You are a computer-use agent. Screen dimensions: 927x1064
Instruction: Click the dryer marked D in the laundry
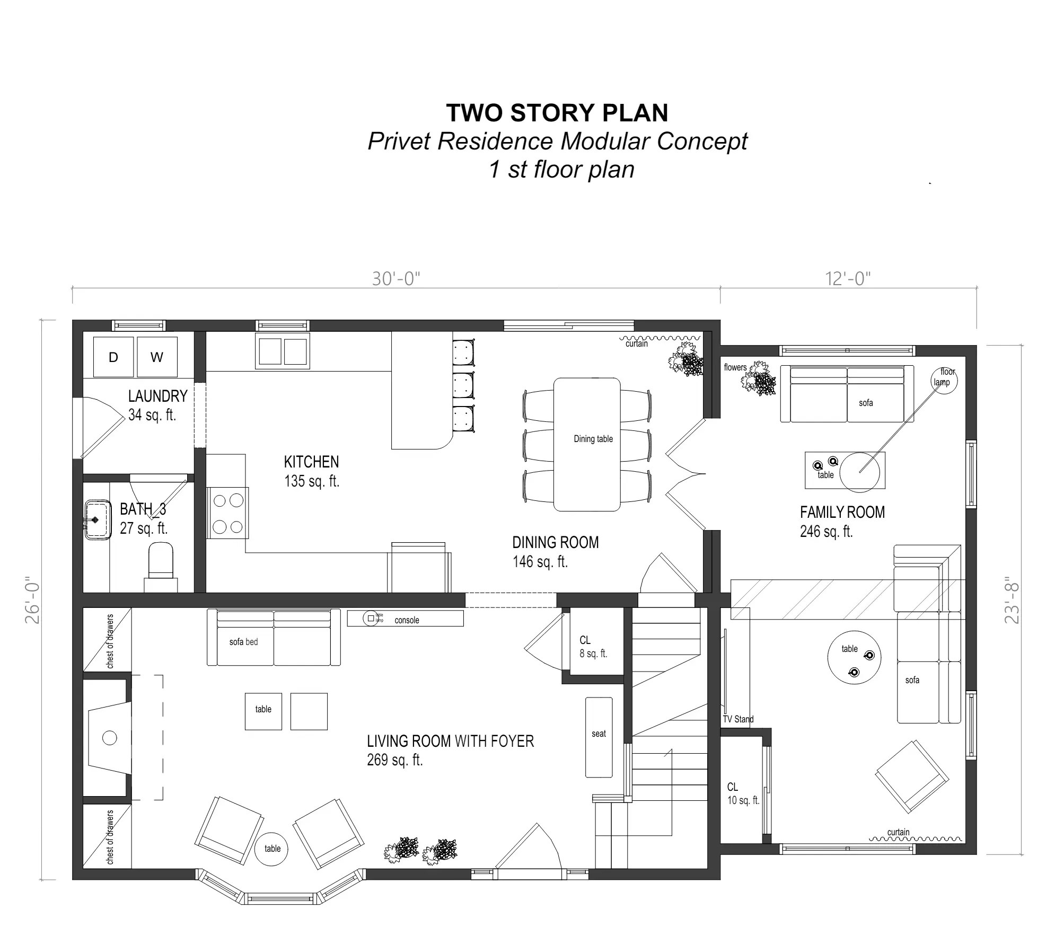tap(113, 357)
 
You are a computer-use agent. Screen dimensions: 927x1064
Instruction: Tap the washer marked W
tap(157, 357)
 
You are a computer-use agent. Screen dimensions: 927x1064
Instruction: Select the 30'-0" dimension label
tap(395, 279)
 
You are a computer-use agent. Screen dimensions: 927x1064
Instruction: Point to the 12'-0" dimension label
tap(848, 279)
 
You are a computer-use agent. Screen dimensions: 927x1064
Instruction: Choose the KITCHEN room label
tap(311, 462)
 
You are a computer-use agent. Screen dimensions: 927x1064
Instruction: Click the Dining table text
tap(593, 439)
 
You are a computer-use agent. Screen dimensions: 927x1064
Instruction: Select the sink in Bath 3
tap(97, 520)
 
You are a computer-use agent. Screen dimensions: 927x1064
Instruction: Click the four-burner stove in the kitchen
tap(228, 513)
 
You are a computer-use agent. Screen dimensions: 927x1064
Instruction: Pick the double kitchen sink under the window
tap(283, 351)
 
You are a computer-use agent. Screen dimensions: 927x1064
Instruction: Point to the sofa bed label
tap(243, 642)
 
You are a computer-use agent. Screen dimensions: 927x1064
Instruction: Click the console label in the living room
tap(407, 620)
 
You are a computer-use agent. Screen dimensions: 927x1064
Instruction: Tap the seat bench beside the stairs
tap(599, 737)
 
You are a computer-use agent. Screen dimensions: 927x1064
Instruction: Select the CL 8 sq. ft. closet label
tap(592, 647)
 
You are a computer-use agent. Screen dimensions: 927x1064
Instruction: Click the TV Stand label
tap(737, 719)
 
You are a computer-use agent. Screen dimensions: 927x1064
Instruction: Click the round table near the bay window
tap(272, 849)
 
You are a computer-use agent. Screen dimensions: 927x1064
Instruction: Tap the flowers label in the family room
tap(735, 367)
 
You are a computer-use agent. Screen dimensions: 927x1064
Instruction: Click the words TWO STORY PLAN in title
tap(557, 113)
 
